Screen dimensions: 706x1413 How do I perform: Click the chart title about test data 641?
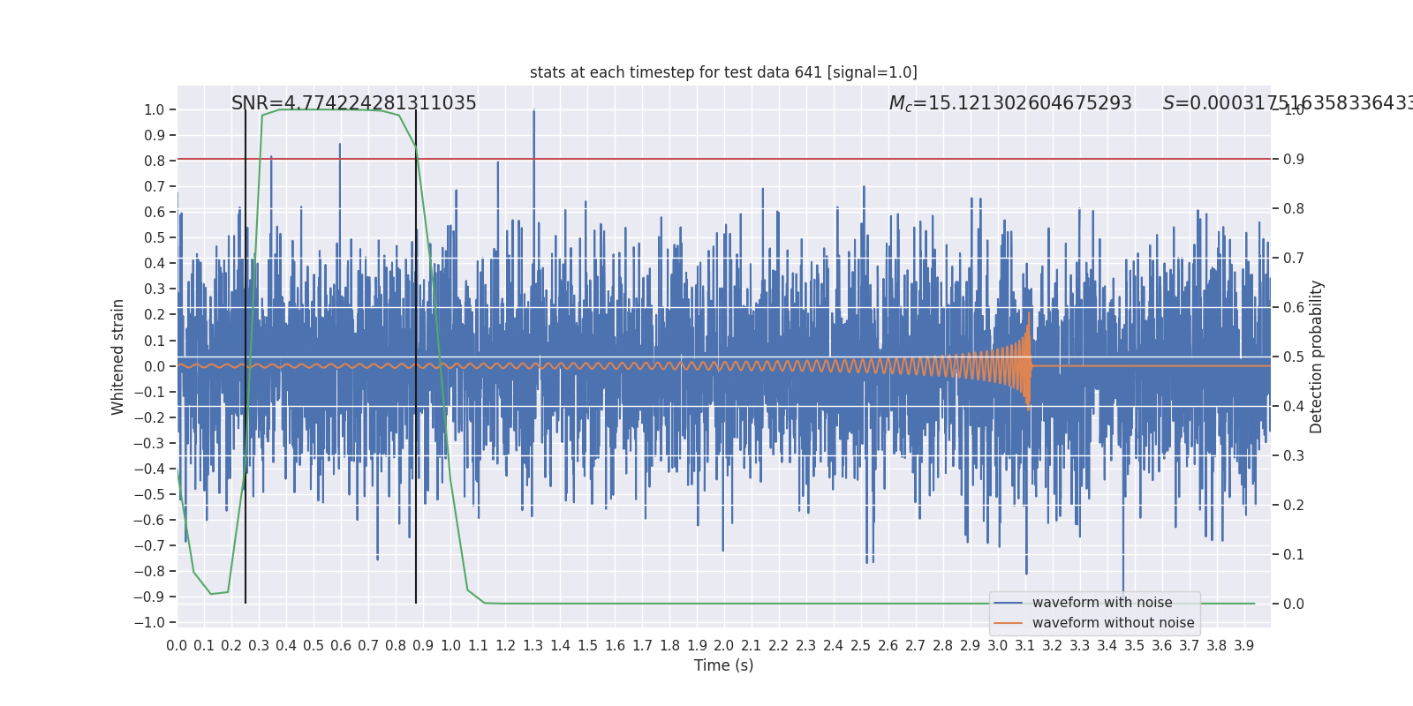point(723,72)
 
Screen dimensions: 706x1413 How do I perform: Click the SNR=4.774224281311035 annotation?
point(353,103)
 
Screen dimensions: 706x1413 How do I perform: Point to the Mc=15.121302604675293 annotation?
point(1009,103)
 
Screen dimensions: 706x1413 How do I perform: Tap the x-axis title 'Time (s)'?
point(723,665)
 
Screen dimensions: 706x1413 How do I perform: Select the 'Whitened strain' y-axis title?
point(118,357)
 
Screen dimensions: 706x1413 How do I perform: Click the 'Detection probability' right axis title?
point(1317,357)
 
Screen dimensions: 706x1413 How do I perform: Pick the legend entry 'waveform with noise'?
point(1101,603)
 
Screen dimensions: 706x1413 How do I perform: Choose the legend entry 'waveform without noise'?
point(1112,623)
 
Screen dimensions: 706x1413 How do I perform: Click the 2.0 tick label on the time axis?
point(724,646)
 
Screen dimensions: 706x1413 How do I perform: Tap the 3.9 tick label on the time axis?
point(1243,646)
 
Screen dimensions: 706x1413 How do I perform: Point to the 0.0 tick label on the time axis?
point(177,646)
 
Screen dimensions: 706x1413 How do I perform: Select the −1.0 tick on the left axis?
point(149,622)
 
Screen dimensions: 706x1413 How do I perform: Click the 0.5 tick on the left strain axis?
point(154,237)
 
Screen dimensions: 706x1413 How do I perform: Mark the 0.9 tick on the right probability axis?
point(1294,160)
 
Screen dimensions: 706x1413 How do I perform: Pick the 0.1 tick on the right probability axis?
point(1294,554)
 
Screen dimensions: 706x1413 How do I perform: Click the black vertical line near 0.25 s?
point(246,353)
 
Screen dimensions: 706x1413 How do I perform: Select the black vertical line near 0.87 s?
point(416,353)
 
